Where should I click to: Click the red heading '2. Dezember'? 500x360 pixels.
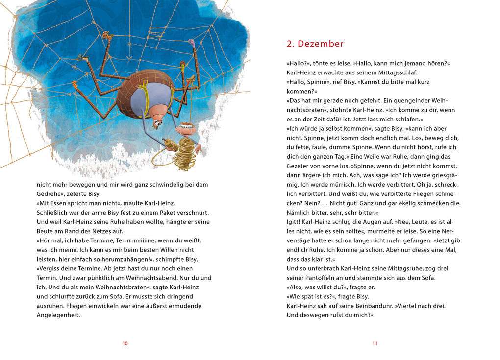click(315, 44)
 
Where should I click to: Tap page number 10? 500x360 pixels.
click(125, 343)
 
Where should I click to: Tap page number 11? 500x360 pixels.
click(375, 343)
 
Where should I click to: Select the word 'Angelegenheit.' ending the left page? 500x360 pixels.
click(58, 315)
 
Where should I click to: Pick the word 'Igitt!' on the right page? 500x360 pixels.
click(294, 222)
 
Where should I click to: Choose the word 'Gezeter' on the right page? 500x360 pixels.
click(297, 166)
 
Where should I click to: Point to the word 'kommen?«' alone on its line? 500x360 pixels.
click(302, 92)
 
